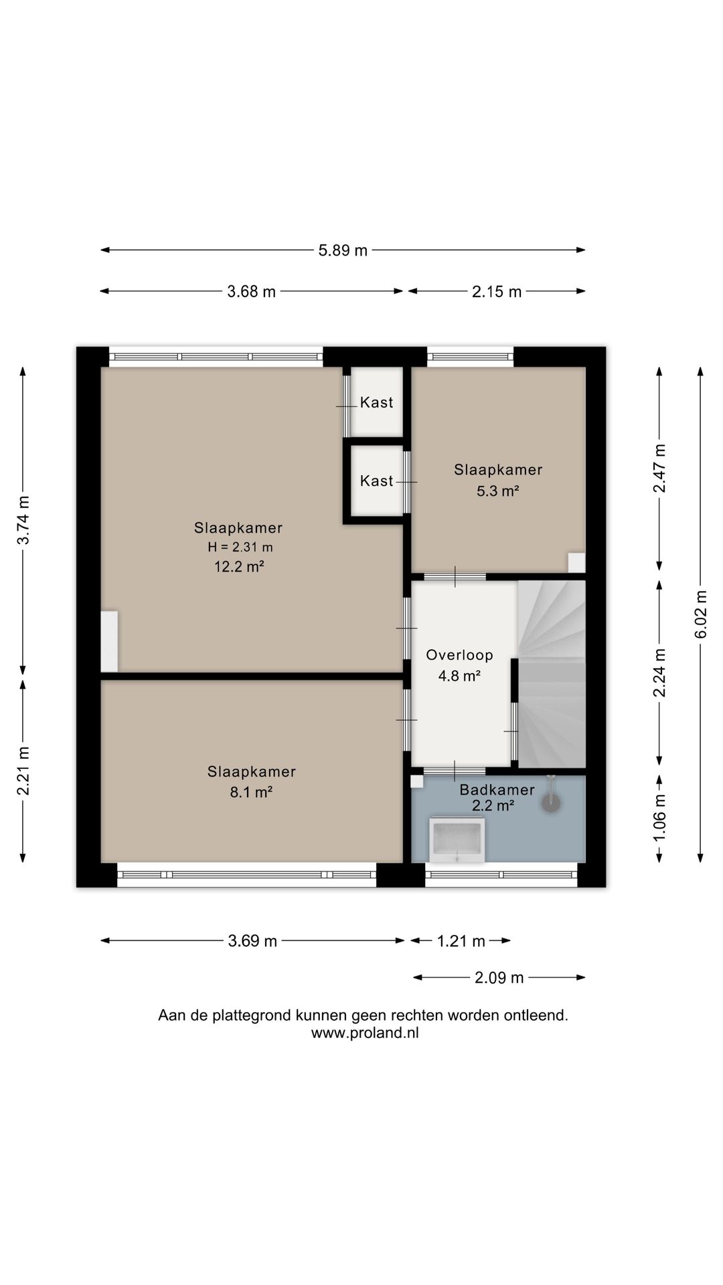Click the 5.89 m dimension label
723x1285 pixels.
[x=343, y=250]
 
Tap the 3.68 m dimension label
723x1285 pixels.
[x=252, y=291]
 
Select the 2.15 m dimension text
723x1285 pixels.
[x=497, y=291]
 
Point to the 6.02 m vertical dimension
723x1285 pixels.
[x=700, y=614]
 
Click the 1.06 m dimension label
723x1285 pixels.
[x=659, y=819]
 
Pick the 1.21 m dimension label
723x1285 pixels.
[x=461, y=941]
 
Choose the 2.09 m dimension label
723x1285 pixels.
[x=499, y=978]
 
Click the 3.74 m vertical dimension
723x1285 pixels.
[x=23, y=520]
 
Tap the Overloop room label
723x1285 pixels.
[x=459, y=655]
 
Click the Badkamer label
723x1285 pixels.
[x=497, y=790]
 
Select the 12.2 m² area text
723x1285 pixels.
[x=239, y=567]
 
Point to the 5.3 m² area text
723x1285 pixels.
[x=498, y=491]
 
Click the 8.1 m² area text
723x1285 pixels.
[x=251, y=792]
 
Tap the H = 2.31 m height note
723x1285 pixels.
[x=240, y=547]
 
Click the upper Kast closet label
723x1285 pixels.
[x=376, y=402]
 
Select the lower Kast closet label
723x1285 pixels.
[x=376, y=481]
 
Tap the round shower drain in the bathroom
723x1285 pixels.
[x=551, y=802]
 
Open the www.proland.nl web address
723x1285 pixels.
[x=365, y=1033]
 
